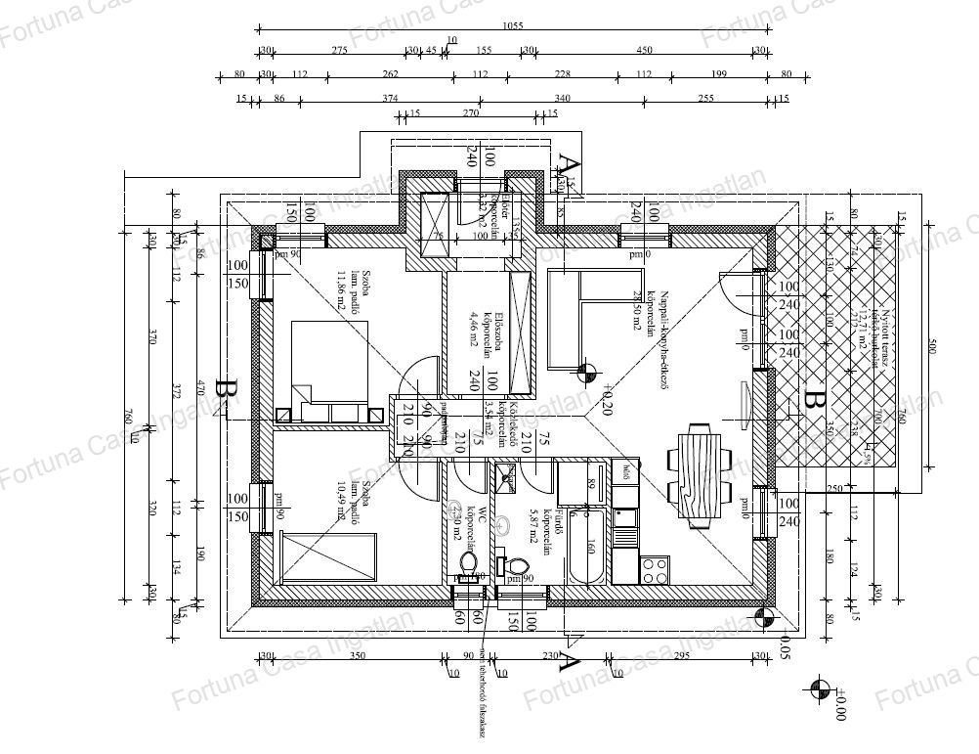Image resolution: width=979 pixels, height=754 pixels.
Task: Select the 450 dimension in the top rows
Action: pos(645,50)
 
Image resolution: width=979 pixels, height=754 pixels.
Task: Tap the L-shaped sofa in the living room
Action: pos(572,319)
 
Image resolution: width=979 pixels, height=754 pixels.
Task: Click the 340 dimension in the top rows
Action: pos(562,99)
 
